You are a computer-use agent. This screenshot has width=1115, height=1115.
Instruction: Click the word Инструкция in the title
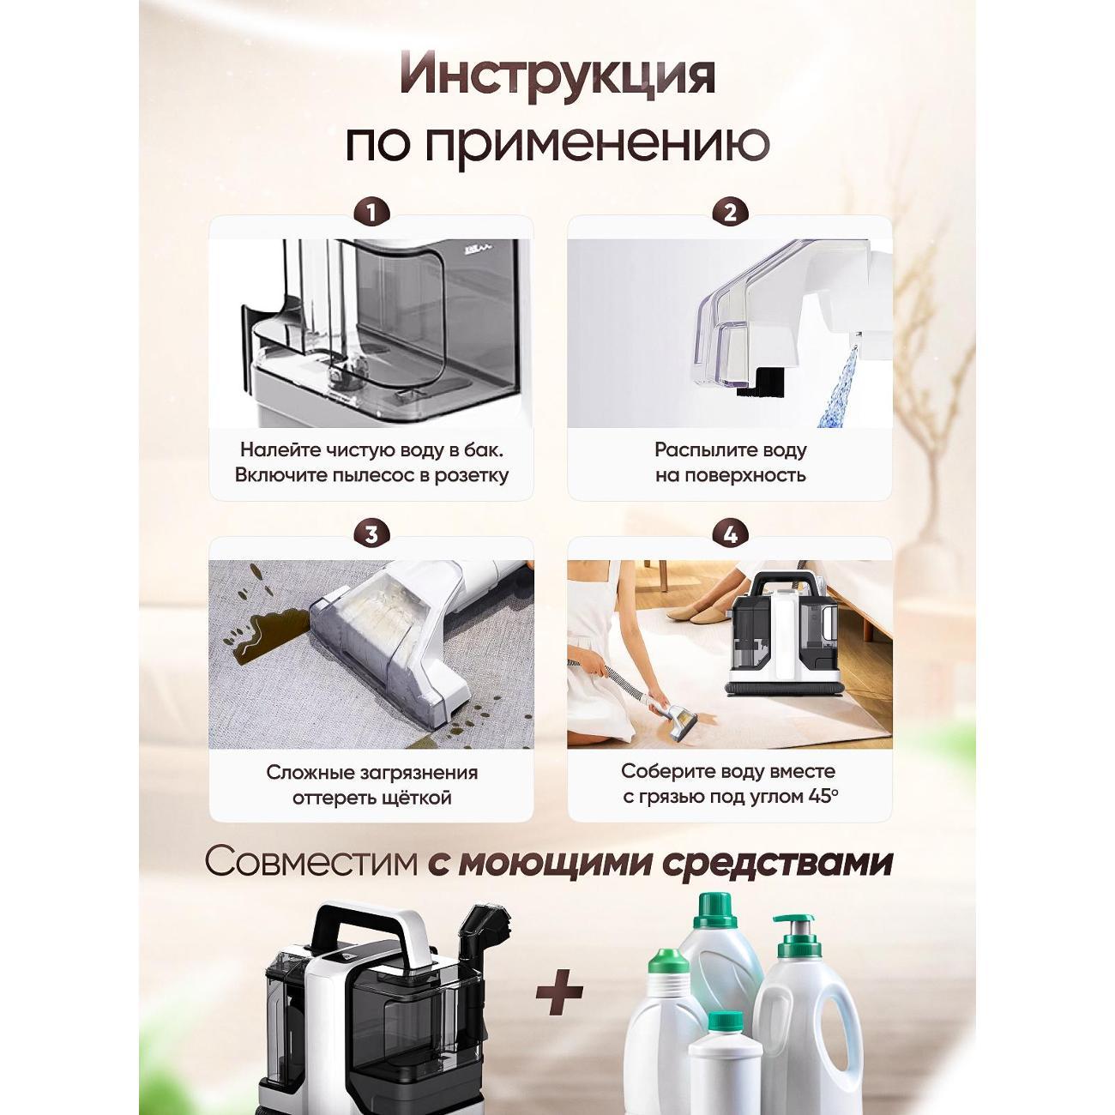pyautogui.click(x=557, y=75)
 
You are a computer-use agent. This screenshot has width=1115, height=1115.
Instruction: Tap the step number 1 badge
pyautogui.click(x=371, y=213)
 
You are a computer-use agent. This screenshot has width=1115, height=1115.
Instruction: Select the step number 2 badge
pyautogui.click(x=730, y=213)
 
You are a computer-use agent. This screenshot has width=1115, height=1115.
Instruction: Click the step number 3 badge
pyautogui.click(x=371, y=534)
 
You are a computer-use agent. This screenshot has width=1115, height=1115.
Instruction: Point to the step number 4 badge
pyautogui.click(x=730, y=534)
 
